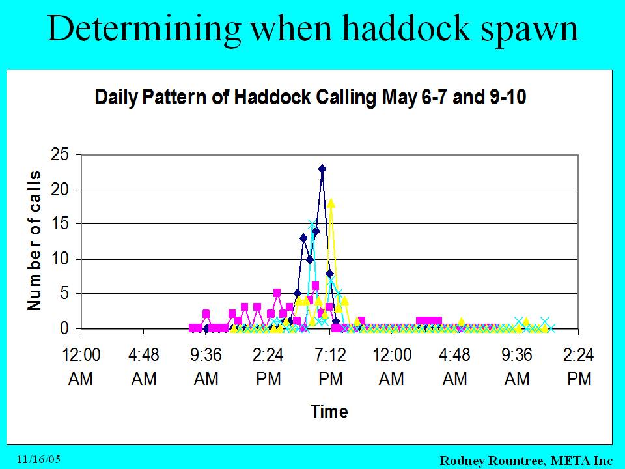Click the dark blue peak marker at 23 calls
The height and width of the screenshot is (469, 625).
tap(322, 169)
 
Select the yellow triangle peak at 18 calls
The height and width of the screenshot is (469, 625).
tap(331, 203)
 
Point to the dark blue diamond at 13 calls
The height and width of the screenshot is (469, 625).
tap(304, 238)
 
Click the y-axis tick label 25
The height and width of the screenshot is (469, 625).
tap(60, 154)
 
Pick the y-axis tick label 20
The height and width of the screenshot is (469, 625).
tap(60, 190)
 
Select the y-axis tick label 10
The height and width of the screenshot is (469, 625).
tap(60, 259)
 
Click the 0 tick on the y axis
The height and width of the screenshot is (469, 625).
tap(64, 328)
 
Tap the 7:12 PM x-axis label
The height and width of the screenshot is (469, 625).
tap(331, 367)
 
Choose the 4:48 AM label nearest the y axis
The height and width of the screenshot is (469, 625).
tap(143, 367)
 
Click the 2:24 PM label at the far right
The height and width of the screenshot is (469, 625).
tap(579, 367)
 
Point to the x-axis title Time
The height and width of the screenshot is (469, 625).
tap(329, 411)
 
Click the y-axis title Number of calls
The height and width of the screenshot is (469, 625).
tap(35, 241)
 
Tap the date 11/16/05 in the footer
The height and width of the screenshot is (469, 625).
tap(38, 459)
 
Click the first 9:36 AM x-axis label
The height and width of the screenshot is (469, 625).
tap(206, 367)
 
